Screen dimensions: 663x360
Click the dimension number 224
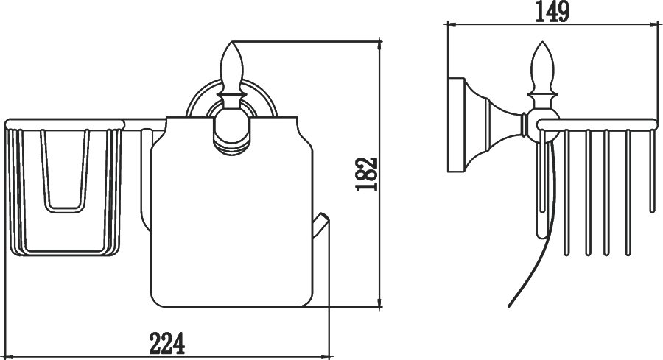tap(167, 344)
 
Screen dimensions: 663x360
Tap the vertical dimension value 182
tap(366, 174)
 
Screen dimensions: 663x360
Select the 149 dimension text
tap(552, 12)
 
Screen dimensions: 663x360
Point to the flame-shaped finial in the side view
tap(541, 68)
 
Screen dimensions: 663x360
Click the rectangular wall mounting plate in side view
tap(457, 124)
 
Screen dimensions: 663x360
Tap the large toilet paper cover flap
tap(232, 211)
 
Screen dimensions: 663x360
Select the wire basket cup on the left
tap(64, 188)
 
